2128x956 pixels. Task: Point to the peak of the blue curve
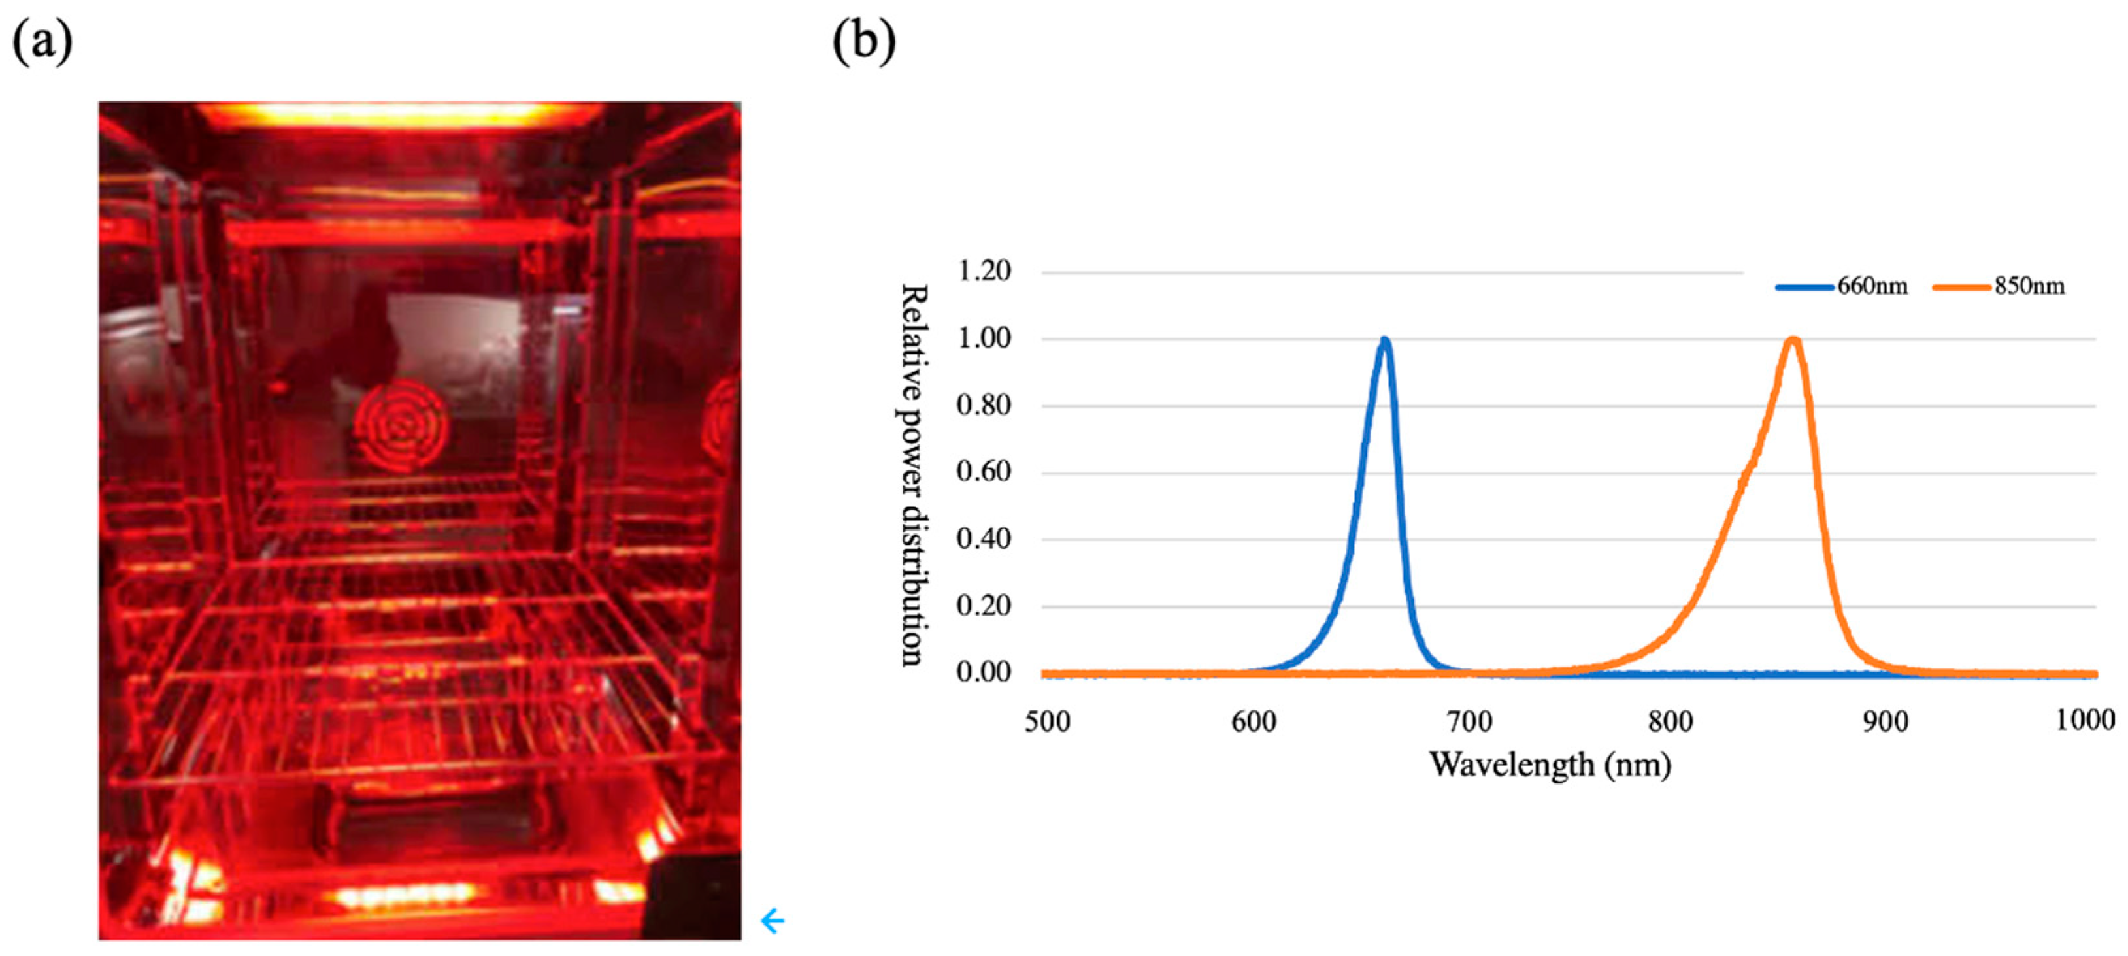[x=1384, y=340]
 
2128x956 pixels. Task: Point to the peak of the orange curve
[x=1793, y=340]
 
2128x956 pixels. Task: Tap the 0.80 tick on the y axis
[x=983, y=405]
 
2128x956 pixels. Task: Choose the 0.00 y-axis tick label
[x=983, y=672]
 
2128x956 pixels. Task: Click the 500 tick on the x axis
[x=1048, y=721]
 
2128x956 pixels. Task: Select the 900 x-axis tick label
[x=1885, y=721]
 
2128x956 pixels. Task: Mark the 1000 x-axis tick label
[x=2085, y=719]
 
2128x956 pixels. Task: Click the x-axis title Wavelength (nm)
[x=1550, y=765]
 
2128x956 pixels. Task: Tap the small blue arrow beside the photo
[x=772, y=921]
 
